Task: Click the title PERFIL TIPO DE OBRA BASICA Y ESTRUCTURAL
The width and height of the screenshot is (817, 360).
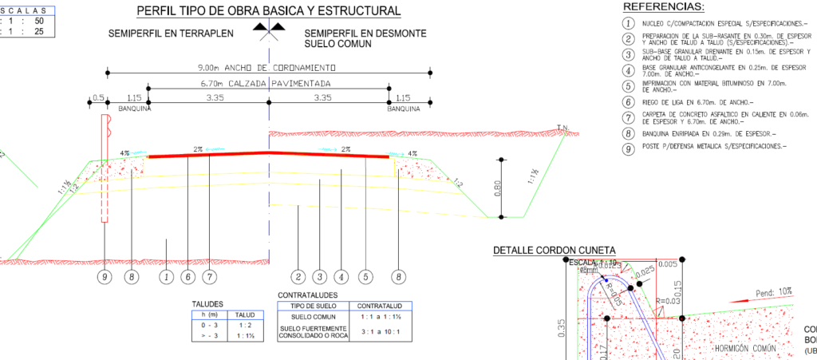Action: [269, 11]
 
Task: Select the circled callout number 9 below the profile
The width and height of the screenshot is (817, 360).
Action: [103, 277]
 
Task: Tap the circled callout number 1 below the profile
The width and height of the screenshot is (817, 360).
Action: [166, 277]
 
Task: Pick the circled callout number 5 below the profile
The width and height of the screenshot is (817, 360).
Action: [365, 277]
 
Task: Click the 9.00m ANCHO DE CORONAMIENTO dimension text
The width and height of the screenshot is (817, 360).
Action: [268, 68]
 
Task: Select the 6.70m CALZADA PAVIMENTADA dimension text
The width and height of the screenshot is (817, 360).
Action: [268, 83]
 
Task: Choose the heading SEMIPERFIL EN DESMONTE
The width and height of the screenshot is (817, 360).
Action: [365, 34]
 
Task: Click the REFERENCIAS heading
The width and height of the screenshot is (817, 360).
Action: [668, 7]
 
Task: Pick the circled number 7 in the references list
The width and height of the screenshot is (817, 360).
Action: [629, 118]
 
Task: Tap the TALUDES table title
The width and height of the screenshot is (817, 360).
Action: [207, 304]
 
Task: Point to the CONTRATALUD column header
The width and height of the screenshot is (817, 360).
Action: [384, 306]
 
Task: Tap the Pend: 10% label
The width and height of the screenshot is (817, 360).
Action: [773, 293]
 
